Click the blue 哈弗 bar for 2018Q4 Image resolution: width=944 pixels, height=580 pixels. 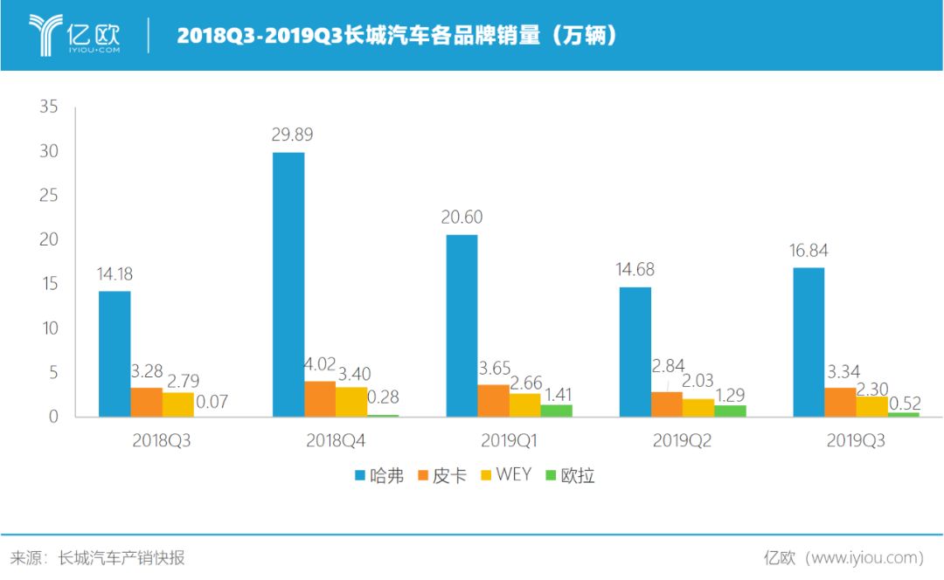(288, 284)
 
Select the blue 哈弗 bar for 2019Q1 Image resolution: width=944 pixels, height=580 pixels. (462, 325)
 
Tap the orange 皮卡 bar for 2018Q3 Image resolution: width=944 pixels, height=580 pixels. (147, 402)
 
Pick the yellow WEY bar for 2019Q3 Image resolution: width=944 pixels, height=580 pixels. (872, 406)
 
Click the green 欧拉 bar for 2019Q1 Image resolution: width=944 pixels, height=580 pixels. (556, 411)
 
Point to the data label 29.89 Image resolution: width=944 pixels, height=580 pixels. (292, 135)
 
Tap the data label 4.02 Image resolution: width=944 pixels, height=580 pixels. (320, 364)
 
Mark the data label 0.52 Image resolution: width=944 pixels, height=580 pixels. (906, 403)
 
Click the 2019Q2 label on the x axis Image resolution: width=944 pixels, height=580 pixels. (682, 441)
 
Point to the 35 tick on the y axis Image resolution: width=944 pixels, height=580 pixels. (48, 107)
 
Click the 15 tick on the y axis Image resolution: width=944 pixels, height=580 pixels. (48, 285)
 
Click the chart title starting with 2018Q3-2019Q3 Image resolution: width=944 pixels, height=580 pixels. (398, 36)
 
